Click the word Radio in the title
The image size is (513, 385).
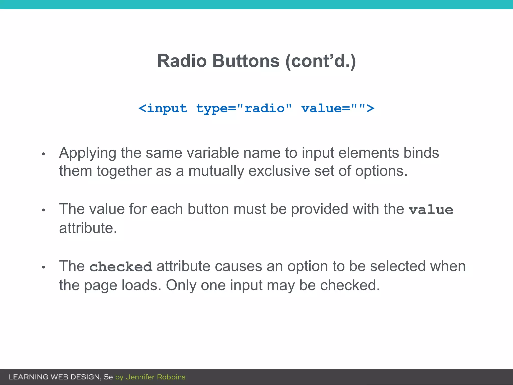coord(182,61)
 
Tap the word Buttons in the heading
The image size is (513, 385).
coord(246,61)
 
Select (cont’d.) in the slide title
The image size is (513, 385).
coord(320,61)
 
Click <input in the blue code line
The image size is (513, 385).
coord(163,109)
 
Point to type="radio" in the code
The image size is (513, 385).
coord(244,109)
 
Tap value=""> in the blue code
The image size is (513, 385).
coord(338,109)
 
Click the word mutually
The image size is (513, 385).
coord(216,171)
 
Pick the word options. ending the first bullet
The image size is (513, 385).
coord(381,171)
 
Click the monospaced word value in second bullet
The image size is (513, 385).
coord(431,210)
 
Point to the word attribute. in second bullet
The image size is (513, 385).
coord(88,228)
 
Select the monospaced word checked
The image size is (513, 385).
coord(121,267)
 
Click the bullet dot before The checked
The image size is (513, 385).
coord(43,267)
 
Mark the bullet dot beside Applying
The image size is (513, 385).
coord(43,154)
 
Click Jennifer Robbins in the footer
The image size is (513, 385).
coord(156,377)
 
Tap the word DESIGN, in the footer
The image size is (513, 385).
coord(86,377)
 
